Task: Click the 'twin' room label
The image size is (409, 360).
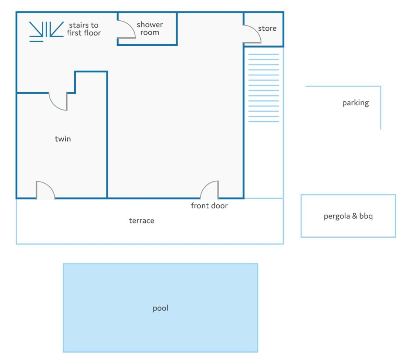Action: pyautogui.click(x=62, y=139)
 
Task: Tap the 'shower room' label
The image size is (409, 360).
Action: pyautogui.click(x=150, y=28)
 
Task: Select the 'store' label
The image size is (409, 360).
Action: pyautogui.click(x=267, y=28)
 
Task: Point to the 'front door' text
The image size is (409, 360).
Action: pyautogui.click(x=209, y=206)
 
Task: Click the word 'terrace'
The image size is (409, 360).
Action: pyautogui.click(x=142, y=221)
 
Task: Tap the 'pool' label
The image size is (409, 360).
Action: pyautogui.click(x=160, y=308)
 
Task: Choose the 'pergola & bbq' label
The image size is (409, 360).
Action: pyautogui.click(x=348, y=216)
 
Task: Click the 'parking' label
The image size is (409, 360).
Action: pyautogui.click(x=355, y=103)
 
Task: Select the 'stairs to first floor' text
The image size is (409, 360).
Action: pyautogui.click(x=84, y=29)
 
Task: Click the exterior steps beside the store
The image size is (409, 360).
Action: pyautogui.click(x=263, y=88)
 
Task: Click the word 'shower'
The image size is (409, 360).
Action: pyautogui.click(x=150, y=24)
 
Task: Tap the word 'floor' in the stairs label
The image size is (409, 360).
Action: pyautogui.click(x=91, y=33)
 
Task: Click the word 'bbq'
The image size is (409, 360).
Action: pyautogui.click(x=366, y=216)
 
